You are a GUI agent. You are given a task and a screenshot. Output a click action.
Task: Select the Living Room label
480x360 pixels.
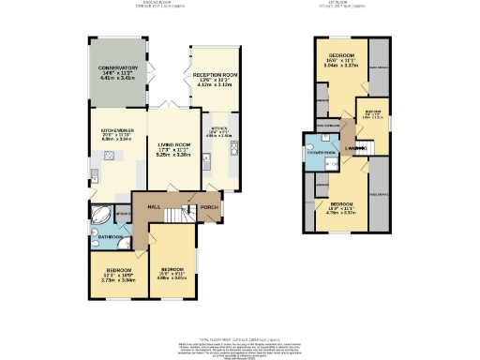171,147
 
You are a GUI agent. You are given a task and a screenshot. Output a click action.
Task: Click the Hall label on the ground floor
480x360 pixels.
154,207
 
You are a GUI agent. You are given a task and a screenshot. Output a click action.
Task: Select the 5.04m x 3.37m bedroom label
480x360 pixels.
340,58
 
